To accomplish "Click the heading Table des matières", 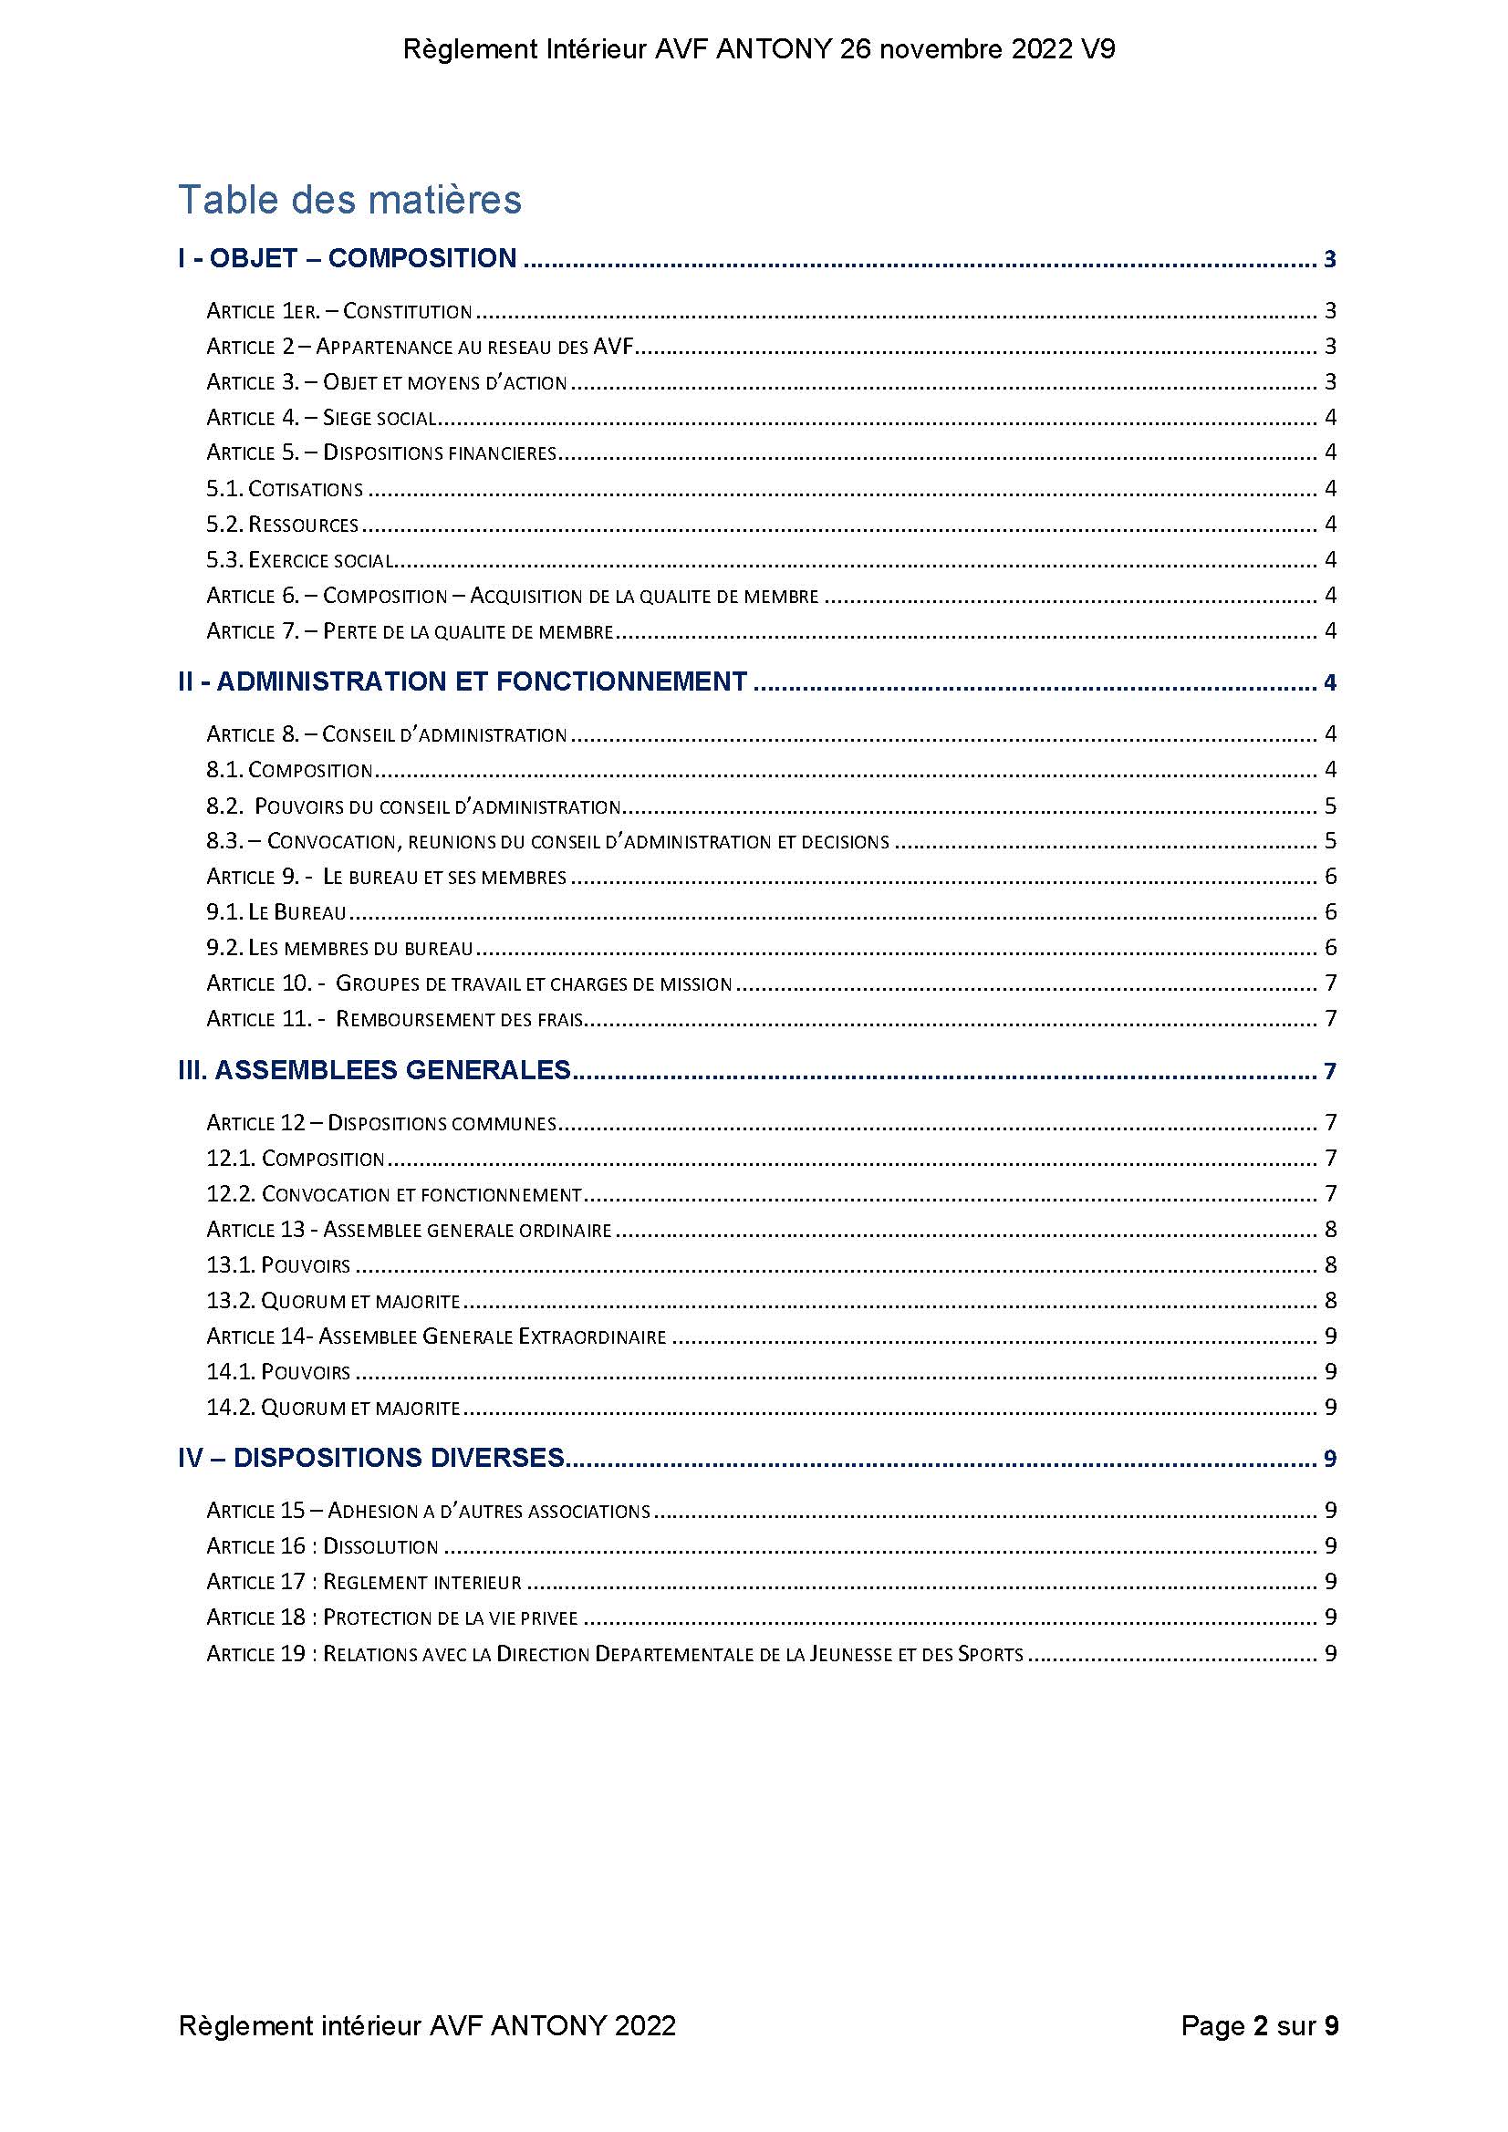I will coord(350,200).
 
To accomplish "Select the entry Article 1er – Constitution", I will coord(339,311).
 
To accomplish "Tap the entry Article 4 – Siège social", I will coord(321,418).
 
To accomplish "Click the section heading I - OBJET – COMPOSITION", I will coord(348,258).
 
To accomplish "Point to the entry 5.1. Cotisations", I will coord(284,489).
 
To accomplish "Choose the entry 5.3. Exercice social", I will coord(300,560).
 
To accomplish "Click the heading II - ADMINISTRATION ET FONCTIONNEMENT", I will coord(463,681).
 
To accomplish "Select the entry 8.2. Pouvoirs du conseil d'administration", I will coord(413,806).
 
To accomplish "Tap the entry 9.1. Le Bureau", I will coord(276,913).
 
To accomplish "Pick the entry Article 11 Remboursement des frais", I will coord(395,1020).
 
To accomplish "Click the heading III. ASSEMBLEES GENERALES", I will coord(374,1070).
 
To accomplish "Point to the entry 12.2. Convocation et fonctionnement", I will coord(394,1194).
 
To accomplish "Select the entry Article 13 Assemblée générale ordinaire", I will coord(409,1230).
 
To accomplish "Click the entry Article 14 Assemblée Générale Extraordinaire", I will coord(436,1337).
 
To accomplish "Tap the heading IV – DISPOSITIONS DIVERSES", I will coord(371,1458).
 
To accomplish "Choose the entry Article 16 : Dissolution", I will coord(322,1546).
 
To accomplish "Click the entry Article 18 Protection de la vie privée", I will coord(392,1617).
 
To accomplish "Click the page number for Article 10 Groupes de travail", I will coord(1330,983).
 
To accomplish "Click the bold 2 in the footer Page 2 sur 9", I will coord(1260,2025).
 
